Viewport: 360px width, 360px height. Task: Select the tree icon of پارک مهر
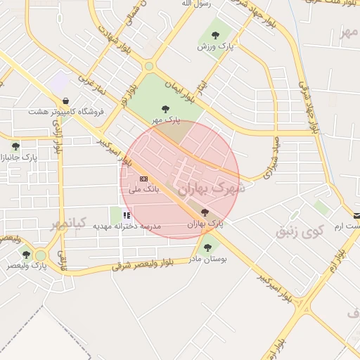(x=165, y=109)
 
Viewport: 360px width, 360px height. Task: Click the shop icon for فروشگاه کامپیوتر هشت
(x=65, y=101)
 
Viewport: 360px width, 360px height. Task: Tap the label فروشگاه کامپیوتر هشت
(x=66, y=112)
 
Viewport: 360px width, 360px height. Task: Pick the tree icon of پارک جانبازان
(x=15, y=146)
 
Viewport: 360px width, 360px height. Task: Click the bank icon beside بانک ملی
(x=144, y=179)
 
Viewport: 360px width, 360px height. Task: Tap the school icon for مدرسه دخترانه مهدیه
(x=127, y=215)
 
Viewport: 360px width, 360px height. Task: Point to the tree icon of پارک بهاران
(x=205, y=212)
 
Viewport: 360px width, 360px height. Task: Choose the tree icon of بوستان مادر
(x=207, y=247)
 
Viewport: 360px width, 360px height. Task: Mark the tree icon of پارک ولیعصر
(x=26, y=255)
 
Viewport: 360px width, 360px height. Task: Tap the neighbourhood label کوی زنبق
(x=300, y=230)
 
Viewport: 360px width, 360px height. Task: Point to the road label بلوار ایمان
(x=173, y=88)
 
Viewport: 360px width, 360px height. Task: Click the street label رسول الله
(x=196, y=4)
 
